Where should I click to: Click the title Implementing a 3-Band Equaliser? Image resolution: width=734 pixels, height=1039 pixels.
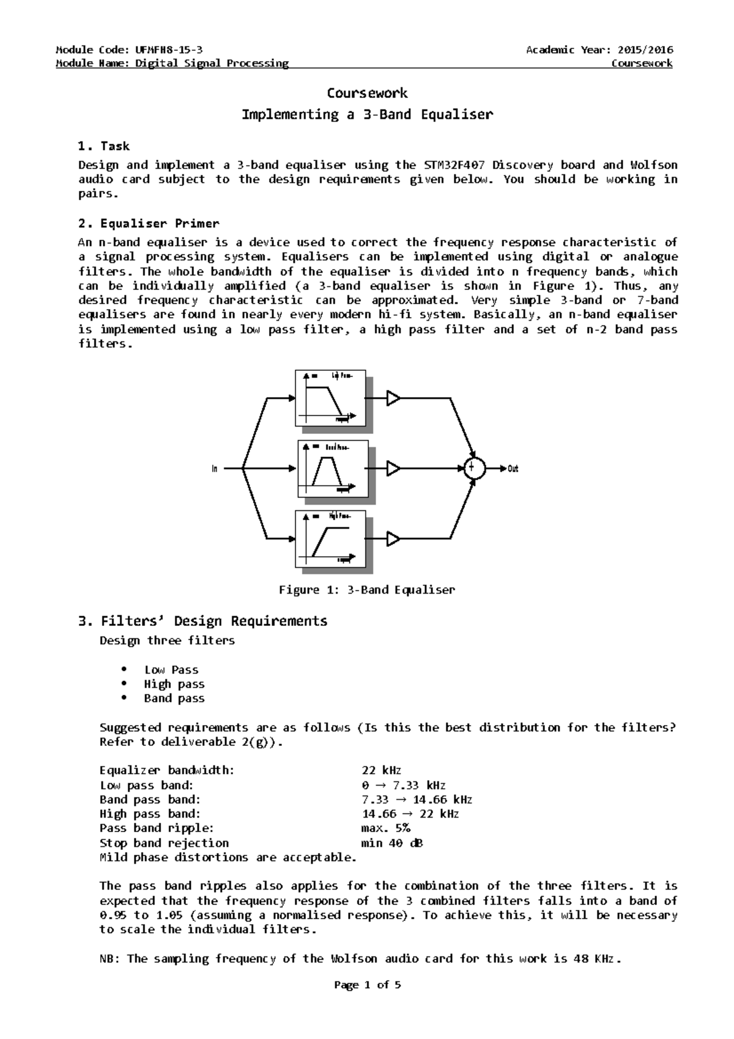(x=367, y=114)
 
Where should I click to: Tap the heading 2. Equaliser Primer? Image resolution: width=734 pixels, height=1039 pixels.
(x=149, y=223)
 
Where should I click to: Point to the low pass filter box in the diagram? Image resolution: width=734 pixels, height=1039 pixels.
(x=330, y=398)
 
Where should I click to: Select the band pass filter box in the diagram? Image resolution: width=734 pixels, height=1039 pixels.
(x=333, y=469)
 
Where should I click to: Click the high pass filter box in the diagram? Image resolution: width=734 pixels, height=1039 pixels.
(x=330, y=539)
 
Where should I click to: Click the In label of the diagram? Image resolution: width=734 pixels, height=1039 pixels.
(x=215, y=469)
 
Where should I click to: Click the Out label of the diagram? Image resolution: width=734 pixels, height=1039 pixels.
(x=513, y=469)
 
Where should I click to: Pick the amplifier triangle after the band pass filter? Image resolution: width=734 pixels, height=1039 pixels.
(x=393, y=469)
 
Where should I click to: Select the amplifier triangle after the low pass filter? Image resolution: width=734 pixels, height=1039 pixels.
(x=393, y=398)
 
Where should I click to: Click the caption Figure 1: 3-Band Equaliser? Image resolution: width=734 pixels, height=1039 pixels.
(x=367, y=590)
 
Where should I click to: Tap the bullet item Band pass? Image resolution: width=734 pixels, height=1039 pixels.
(x=174, y=698)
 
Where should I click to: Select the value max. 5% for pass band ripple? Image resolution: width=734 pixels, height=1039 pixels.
(x=386, y=828)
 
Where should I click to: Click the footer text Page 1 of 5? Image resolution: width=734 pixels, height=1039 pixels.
(x=367, y=985)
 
